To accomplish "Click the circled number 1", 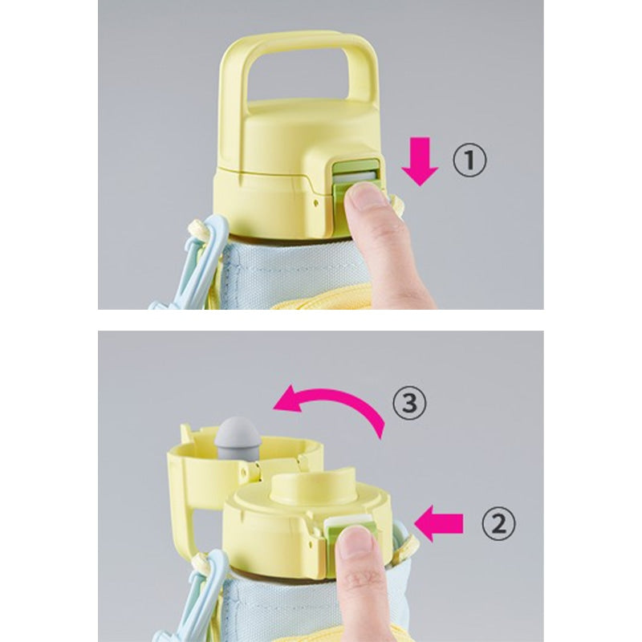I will tap(469, 161).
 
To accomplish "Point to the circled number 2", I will tap(498, 525).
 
